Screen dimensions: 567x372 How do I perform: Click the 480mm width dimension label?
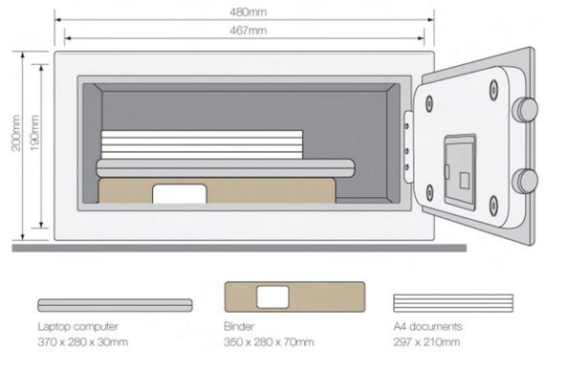248,11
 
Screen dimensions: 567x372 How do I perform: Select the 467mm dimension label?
248,31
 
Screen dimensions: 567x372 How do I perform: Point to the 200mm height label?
16,133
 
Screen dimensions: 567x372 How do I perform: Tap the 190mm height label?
34,133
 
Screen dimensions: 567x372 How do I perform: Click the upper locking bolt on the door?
526,110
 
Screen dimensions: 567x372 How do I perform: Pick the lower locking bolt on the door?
526,182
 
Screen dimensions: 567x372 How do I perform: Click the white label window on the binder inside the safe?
180,194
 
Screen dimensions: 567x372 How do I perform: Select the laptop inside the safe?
226,168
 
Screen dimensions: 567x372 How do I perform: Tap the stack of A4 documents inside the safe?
202,144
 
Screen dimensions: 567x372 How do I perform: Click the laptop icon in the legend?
115,305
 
